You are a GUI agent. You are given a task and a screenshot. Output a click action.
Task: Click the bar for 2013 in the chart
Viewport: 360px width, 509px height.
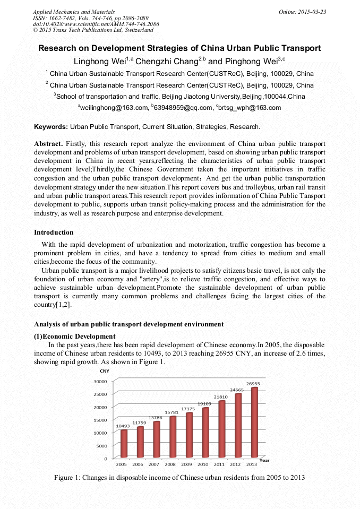coord(254,422)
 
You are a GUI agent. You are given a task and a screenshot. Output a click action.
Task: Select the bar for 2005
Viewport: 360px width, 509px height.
coord(124,443)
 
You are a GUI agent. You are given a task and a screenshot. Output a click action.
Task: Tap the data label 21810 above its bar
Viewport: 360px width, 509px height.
coord(220,396)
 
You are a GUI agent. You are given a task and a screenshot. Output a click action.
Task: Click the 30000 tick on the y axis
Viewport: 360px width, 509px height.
coord(100,381)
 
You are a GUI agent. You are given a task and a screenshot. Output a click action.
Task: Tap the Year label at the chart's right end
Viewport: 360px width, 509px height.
coord(264,460)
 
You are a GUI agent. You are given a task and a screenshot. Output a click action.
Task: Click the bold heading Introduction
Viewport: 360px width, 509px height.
coord(54,232)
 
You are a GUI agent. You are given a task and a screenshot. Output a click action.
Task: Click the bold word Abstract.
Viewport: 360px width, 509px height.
coord(48,144)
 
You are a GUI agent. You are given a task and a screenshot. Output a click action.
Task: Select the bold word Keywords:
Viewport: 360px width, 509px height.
coord(51,127)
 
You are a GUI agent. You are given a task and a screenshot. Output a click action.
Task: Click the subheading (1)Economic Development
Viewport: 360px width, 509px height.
coord(74,337)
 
